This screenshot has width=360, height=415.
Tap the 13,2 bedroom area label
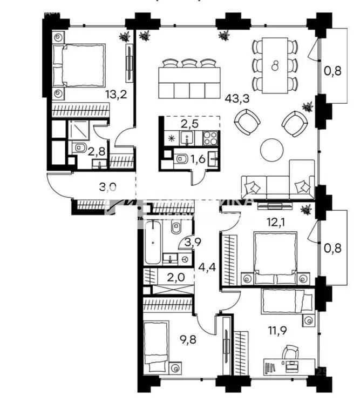point(114,95)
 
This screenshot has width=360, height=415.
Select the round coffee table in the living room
point(272,150)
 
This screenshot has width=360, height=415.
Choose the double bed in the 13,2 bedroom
point(79,65)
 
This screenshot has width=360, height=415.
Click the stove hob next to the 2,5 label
point(209,138)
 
